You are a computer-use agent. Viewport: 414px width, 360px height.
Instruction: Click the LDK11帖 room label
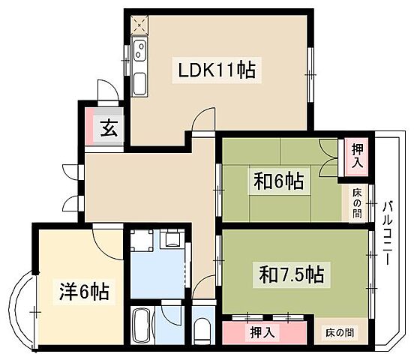pyautogui.click(x=217, y=70)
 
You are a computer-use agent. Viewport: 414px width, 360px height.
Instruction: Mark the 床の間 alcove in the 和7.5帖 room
pyautogui.click(x=340, y=331)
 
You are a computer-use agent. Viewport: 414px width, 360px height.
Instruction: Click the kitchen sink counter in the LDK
pyautogui.click(x=139, y=68)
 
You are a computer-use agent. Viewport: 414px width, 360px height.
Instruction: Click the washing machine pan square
pyautogui.click(x=142, y=241)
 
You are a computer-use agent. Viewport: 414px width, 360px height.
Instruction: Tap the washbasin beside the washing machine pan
pyautogui.click(x=172, y=240)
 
